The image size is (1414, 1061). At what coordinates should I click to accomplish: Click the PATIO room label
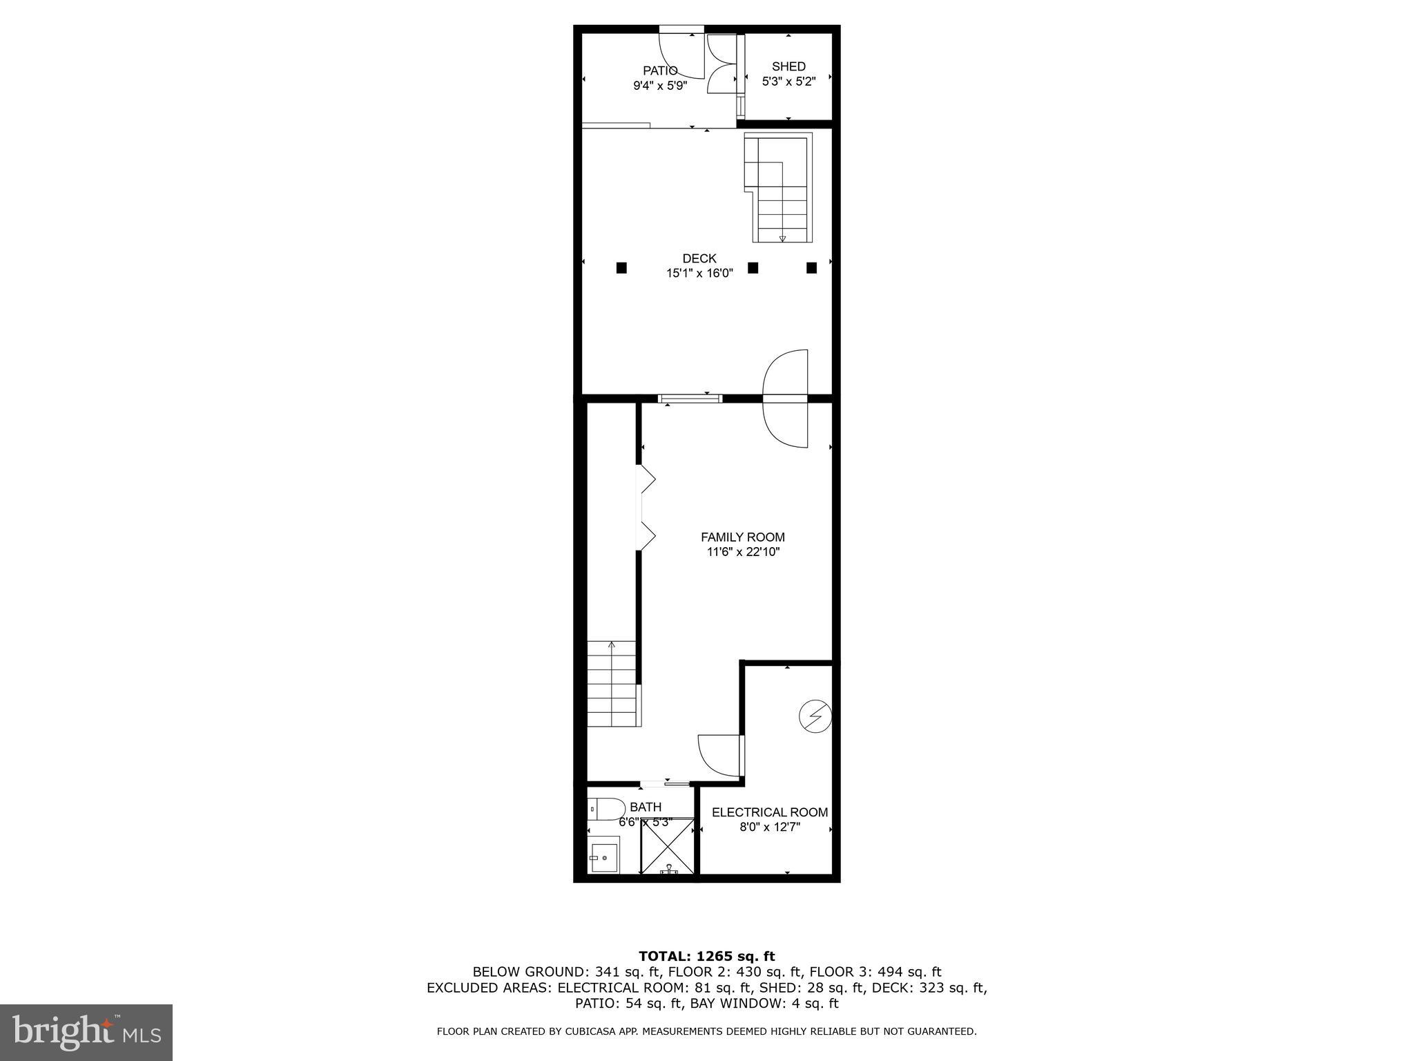[x=660, y=70]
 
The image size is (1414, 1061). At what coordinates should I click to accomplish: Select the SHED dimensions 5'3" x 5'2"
[x=788, y=82]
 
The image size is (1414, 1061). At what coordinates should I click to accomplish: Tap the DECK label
[x=699, y=258]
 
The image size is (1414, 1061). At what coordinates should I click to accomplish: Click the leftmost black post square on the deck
[x=621, y=267]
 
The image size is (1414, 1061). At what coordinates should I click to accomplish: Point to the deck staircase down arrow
[x=782, y=238]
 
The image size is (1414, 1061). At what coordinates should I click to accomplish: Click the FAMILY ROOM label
[x=742, y=537]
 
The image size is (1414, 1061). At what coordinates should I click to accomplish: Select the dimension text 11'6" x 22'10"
[x=742, y=552]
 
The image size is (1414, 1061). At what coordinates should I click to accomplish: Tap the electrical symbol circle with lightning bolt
[x=815, y=716]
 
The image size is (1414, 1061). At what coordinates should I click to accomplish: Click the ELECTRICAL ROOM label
[x=770, y=812]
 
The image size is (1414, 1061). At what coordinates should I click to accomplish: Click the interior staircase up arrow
[x=611, y=647]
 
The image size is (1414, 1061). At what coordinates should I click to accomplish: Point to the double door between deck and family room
[x=785, y=399]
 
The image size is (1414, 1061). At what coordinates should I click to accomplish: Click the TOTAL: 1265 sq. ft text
[x=706, y=957]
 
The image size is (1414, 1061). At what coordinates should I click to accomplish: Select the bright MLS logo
[x=86, y=1032]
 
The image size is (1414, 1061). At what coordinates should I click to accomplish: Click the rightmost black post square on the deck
[x=812, y=267]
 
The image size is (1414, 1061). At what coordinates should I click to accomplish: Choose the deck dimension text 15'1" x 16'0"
[x=699, y=274]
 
